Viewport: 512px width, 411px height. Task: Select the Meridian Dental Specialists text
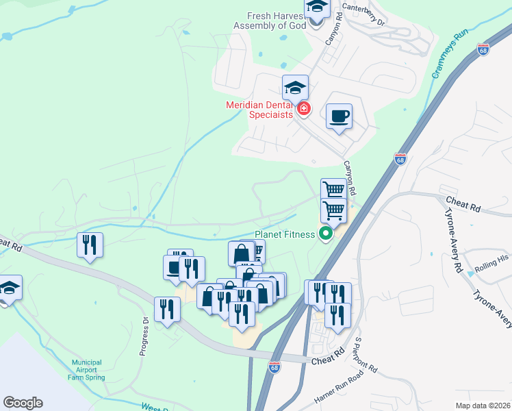(260, 110)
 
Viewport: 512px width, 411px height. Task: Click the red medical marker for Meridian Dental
(303, 108)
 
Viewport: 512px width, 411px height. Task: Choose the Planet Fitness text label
(284, 234)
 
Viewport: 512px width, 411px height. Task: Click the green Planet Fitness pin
(326, 234)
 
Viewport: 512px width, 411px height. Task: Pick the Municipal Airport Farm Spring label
(87, 370)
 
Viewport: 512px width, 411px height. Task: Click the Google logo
(23, 403)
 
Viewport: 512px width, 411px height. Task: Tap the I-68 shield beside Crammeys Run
(483, 50)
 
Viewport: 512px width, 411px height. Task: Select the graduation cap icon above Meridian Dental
(296, 87)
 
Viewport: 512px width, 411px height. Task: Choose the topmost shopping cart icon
(333, 189)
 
